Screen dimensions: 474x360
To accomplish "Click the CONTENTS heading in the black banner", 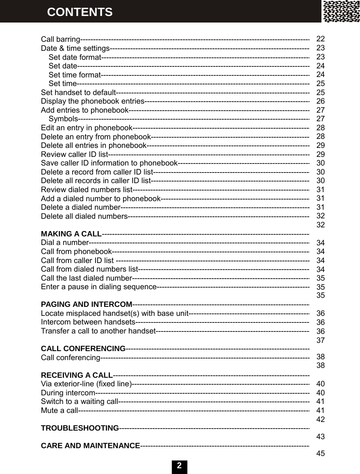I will (80, 12).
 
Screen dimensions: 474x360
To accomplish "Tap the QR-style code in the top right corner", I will (341, 11).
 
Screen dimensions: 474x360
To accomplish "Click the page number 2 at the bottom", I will (179, 466).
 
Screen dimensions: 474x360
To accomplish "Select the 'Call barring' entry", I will (60, 40).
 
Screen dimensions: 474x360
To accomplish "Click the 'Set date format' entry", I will (75, 57).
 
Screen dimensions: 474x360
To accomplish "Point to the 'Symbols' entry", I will (63, 119).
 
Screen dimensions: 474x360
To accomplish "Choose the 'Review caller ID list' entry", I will (74, 154).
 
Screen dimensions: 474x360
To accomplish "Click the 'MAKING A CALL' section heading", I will (71, 234).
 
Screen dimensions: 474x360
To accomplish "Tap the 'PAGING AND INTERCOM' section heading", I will (87, 304).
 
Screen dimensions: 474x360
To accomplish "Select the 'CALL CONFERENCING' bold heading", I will (83, 349).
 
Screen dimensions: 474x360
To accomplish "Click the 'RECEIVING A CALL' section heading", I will (77, 375).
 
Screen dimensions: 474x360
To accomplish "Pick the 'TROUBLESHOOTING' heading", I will (80, 428).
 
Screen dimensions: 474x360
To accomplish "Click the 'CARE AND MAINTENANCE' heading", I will (91, 446).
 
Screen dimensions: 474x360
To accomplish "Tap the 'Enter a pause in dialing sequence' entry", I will (99, 286).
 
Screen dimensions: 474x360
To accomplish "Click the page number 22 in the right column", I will (321, 39).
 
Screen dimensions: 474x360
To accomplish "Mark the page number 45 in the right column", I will (321, 454).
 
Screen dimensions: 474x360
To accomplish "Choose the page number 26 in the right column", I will (321, 101).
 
